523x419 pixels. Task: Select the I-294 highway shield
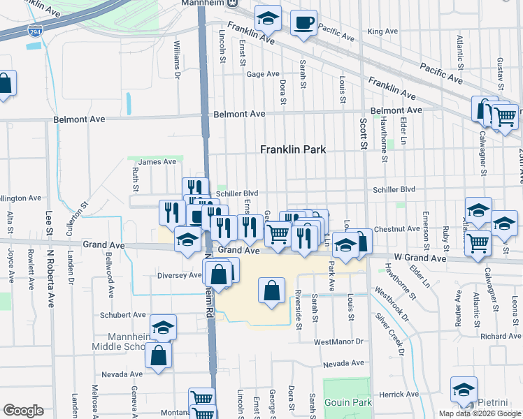coord(34,31)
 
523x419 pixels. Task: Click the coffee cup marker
coord(303,22)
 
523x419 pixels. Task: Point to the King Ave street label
coord(382,31)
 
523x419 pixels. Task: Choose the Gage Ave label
coord(263,74)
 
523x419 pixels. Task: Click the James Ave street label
coord(157,162)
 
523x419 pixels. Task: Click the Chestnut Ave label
coord(396,229)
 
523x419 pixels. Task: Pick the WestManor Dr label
coord(339,341)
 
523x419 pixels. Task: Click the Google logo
coord(23,411)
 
